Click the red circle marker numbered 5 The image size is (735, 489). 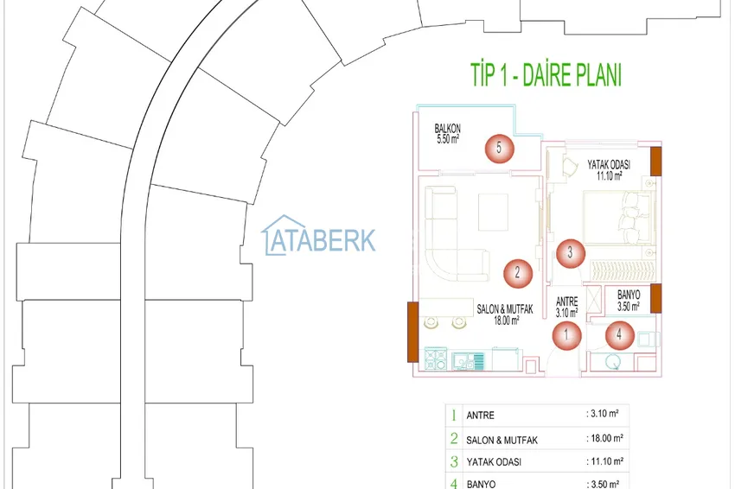[x=499, y=149]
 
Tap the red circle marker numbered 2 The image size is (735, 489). [x=517, y=274]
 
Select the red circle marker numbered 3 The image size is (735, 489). [x=570, y=253]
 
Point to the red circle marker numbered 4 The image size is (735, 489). [x=619, y=333]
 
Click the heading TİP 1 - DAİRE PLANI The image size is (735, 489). [x=546, y=75]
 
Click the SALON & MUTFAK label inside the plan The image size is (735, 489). [x=505, y=309]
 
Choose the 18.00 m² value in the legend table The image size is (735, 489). [x=605, y=439]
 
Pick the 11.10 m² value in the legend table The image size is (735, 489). [x=605, y=462]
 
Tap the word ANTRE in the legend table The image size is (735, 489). [x=480, y=416]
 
